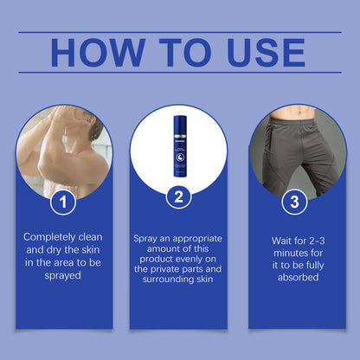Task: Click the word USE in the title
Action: [260, 53]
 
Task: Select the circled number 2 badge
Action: [177, 197]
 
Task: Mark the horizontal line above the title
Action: [179, 32]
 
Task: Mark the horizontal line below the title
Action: [179, 73]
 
